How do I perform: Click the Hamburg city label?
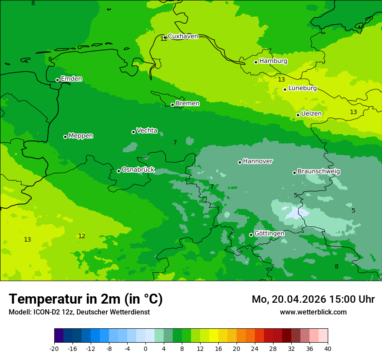273,61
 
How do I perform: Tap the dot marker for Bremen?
172,105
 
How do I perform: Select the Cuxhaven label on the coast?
183,36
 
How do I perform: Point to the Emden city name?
71,79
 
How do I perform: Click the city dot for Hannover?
240,162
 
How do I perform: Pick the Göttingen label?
269,233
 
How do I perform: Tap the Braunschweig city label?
319,172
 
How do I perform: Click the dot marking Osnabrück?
119,171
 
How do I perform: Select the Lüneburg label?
302,88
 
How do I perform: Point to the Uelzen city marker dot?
298,115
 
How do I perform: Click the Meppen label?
81,136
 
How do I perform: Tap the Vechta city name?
147,131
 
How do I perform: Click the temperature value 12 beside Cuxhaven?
163,39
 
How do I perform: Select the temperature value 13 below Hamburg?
281,79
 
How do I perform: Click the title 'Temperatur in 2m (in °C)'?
86,299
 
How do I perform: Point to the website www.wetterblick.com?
313,312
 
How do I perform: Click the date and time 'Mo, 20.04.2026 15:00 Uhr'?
313,299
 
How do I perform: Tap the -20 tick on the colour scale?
54,349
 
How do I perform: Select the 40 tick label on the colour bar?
327,349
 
